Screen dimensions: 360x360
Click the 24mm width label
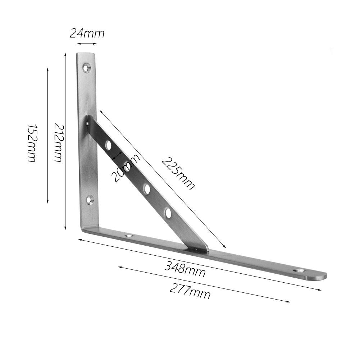(x=87, y=33)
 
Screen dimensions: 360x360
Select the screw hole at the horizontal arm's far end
(x=298, y=270)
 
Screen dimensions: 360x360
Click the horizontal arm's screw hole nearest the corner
(x=128, y=236)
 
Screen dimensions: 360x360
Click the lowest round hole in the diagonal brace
(x=168, y=213)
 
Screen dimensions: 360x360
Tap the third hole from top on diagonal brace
(x=147, y=189)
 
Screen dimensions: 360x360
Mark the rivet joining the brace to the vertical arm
(x=87, y=123)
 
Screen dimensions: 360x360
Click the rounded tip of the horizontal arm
(x=323, y=276)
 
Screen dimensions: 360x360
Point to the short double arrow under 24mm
(x=87, y=44)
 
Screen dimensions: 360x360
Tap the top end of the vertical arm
(x=86, y=55)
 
